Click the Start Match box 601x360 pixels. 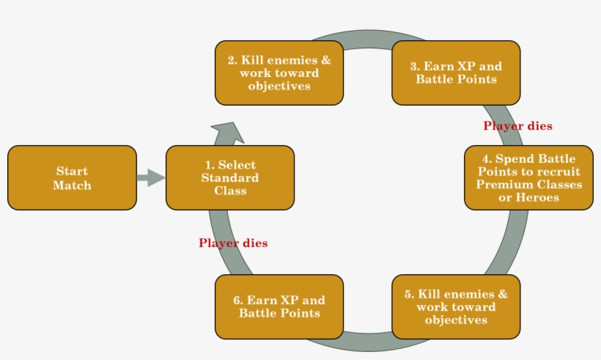(x=72, y=177)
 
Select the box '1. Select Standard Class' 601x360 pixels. (x=230, y=177)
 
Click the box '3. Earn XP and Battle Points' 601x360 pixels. (x=456, y=73)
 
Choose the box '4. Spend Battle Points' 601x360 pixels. (x=528, y=177)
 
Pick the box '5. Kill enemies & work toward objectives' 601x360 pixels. (x=456, y=306)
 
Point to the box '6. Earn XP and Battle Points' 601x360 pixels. (x=279, y=306)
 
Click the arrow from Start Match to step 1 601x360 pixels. (x=151, y=177)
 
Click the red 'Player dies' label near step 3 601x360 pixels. (x=517, y=126)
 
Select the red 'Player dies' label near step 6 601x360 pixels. (x=233, y=243)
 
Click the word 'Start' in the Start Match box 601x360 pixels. (x=72, y=172)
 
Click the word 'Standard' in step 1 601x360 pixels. (x=230, y=177)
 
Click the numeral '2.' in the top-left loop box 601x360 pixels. (x=233, y=60)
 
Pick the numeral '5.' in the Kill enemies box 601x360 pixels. (x=409, y=294)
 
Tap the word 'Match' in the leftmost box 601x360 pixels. (x=72, y=185)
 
